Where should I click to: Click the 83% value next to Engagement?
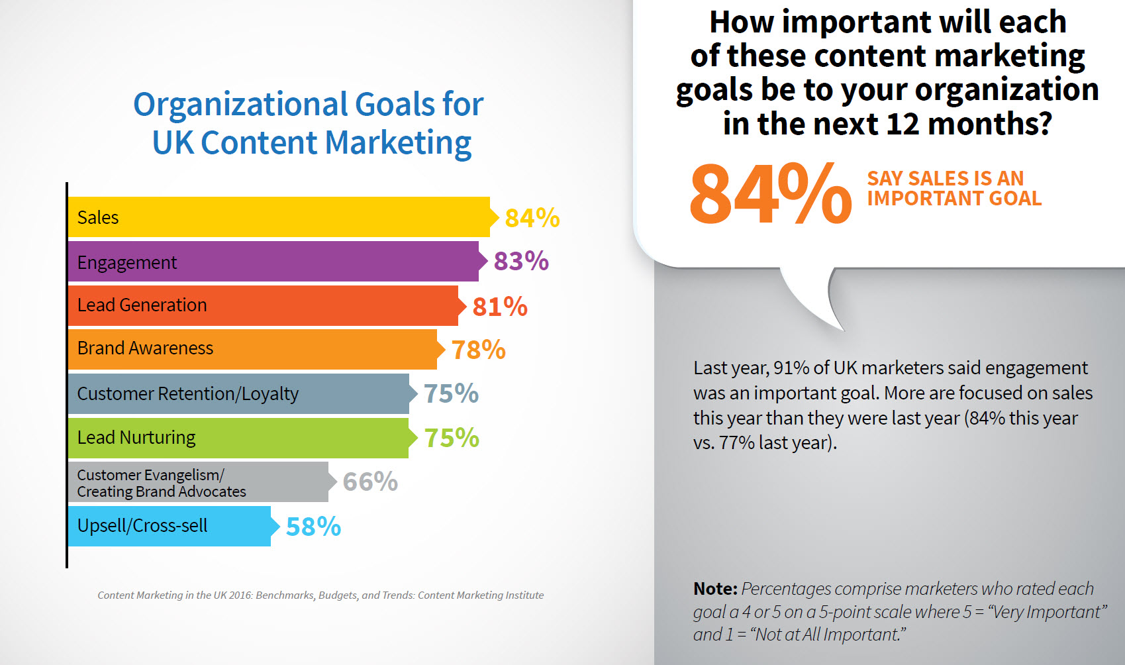point(521,261)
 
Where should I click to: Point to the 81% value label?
point(500,307)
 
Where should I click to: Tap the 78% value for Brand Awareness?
point(478,350)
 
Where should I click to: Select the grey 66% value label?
point(370,482)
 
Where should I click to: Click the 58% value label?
point(313,527)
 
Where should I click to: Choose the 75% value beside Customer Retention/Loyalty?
point(451,393)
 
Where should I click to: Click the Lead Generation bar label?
point(142,305)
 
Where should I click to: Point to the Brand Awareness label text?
point(145,348)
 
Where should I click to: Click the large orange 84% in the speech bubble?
point(769,193)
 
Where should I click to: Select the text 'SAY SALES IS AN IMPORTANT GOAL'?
point(954,188)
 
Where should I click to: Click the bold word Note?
point(714,589)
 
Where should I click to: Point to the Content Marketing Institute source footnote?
point(320,595)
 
